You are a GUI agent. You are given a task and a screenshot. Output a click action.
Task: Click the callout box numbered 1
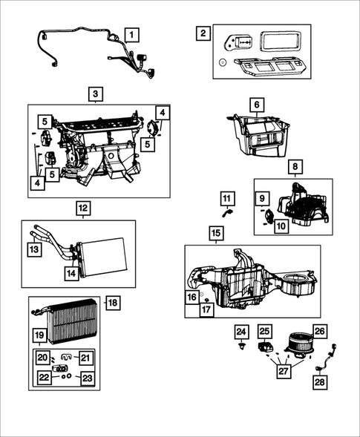point(131,35)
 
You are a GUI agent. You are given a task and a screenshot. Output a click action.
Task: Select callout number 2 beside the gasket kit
point(203,33)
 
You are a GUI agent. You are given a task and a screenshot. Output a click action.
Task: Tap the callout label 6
point(257,105)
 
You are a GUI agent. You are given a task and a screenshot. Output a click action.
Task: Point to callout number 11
point(227,198)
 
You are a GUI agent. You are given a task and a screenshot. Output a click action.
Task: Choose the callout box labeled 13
point(34,249)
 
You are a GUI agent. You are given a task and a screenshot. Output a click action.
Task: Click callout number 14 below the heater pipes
point(71,274)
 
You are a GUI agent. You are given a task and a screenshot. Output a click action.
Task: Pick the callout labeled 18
point(113,303)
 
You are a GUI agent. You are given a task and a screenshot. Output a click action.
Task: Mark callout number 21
point(85,358)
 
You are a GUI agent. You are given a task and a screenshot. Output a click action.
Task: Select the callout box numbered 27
point(284,371)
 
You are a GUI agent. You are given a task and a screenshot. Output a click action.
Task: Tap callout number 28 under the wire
point(320,382)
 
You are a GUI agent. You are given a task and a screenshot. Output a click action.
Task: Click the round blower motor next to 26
point(299,344)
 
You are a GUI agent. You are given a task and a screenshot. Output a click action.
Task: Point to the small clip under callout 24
point(240,346)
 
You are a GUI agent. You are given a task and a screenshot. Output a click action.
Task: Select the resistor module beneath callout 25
point(264,347)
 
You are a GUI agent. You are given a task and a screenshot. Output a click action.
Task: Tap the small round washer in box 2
point(222,63)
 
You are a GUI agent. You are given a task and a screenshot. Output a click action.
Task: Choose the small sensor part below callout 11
point(227,214)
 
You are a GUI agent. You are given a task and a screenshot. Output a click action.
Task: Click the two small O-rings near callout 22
point(66,375)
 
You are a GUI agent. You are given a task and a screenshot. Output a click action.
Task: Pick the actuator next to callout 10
point(269,215)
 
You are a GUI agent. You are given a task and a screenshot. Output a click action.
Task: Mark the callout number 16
point(192,297)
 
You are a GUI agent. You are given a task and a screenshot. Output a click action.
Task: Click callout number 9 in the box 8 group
point(262,198)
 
